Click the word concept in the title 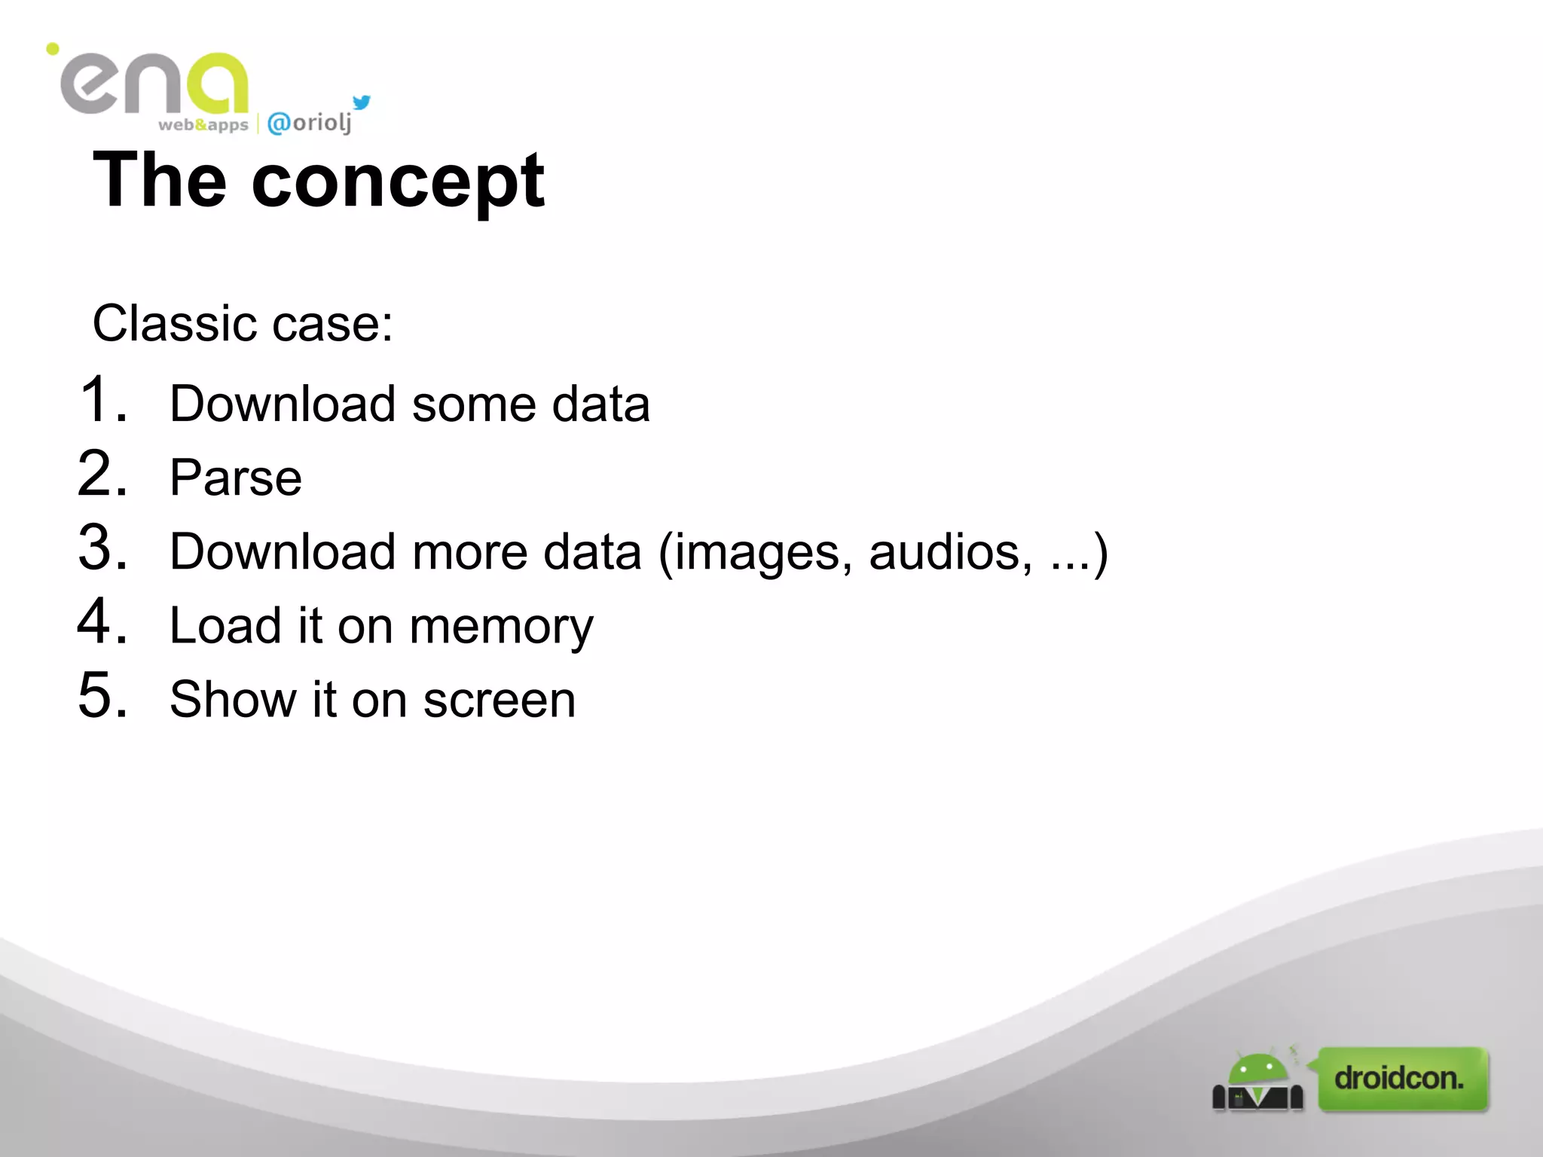point(398,182)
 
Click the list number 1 point(102,399)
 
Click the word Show point(233,700)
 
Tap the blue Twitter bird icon point(362,102)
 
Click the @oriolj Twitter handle point(309,123)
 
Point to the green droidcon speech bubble point(1401,1079)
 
